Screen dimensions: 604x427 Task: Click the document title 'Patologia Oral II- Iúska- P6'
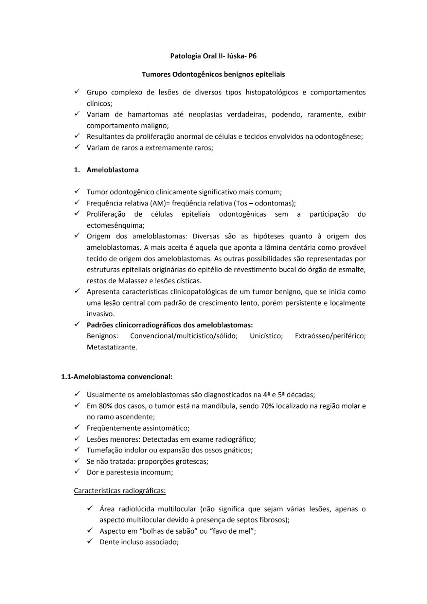point(213,56)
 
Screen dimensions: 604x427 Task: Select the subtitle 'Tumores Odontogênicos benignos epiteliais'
point(213,74)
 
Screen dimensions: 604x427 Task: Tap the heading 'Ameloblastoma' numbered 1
point(112,170)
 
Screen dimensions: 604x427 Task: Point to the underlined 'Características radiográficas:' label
point(120,491)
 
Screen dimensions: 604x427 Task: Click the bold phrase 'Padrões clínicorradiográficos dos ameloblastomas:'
point(170,325)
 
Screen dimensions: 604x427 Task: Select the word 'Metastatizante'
point(111,347)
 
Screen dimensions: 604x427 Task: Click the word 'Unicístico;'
point(266,336)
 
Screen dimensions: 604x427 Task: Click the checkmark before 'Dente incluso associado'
point(90,542)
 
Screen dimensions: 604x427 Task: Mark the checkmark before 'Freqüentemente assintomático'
point(77,428)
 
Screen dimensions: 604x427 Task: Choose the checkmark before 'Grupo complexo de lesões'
point(77,92)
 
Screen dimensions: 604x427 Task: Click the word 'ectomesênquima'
point(115,226)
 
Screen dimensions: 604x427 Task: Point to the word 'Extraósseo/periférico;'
point(330,336)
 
